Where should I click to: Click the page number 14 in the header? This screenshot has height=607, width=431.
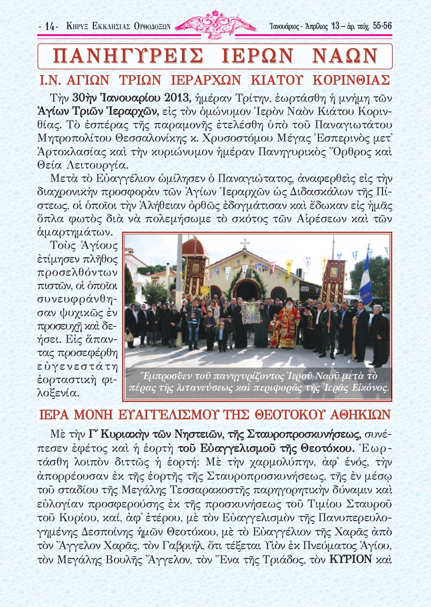coord(50,27)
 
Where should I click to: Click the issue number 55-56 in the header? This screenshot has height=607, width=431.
coord(382,26)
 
